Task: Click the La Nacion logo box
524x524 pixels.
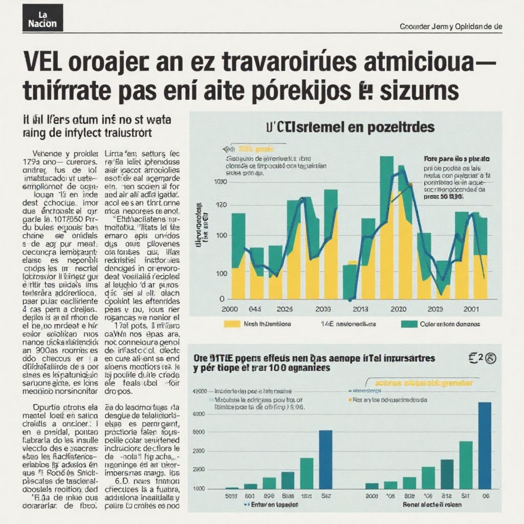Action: pyautogui.click(x=43, y=18)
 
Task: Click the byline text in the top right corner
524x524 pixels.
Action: pyautogui.click(x=451, y=27)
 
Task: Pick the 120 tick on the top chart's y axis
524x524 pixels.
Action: pyautogui.click(x=221, y=205)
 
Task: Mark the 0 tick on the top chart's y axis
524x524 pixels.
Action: pyautogui.click(x=222, y=299)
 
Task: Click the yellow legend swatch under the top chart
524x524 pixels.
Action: pyautogui.click(x=232, y=324)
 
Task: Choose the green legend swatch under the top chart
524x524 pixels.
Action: pyautogui.click(x=409, y=324)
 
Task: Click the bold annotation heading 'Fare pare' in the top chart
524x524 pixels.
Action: pyautogui.click(x=456, y=159)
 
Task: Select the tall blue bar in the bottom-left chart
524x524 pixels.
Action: pyautogui.click(x=325, y=459)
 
